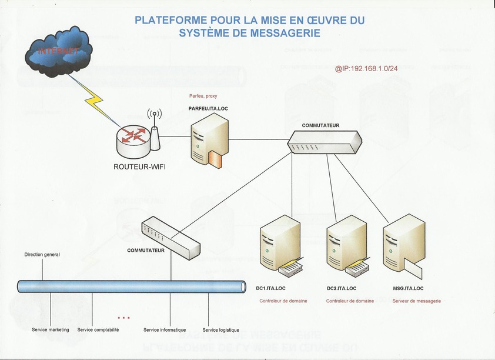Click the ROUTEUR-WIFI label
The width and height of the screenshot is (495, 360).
click(139, 166)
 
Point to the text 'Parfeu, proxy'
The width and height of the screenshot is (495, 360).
click(203, 96)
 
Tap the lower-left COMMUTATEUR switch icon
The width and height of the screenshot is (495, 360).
click(171, 236)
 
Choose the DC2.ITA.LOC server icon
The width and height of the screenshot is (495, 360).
click(347, 248)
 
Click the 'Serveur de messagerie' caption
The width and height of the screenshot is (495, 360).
click(416, 301)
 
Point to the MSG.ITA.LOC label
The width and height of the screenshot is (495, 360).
click(408, 288)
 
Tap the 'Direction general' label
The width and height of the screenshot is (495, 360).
click(42, 255)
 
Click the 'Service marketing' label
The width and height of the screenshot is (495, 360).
click(51, 330)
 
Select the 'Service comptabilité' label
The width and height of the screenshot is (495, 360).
click(98, 330)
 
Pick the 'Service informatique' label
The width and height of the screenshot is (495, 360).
click(165, 330)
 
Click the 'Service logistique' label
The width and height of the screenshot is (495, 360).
click(221, 330)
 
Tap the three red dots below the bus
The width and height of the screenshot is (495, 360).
click(123, 318)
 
